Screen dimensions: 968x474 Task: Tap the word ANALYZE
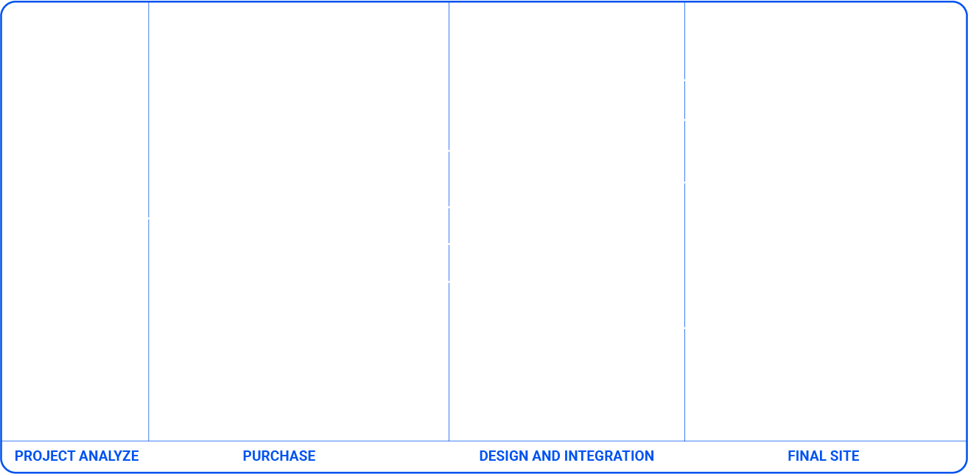(x=109, y=456)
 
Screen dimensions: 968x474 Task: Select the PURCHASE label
(x=279, y=456)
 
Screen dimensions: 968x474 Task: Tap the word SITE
(x=843, y=456)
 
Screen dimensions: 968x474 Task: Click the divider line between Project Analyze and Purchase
(x=149, y=222)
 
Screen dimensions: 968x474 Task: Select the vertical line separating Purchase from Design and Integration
(x=449, y=222)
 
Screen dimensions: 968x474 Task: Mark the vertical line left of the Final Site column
(x=684, y=222)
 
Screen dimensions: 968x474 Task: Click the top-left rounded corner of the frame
(x=4, y=4)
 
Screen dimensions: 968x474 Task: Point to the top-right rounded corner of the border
(x=963, y=4)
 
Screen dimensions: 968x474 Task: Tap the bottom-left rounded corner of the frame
(x=4, y=470)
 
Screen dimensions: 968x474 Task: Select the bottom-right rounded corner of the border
(x=963, y=470)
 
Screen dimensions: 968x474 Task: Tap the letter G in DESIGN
(x=513, y=456)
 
